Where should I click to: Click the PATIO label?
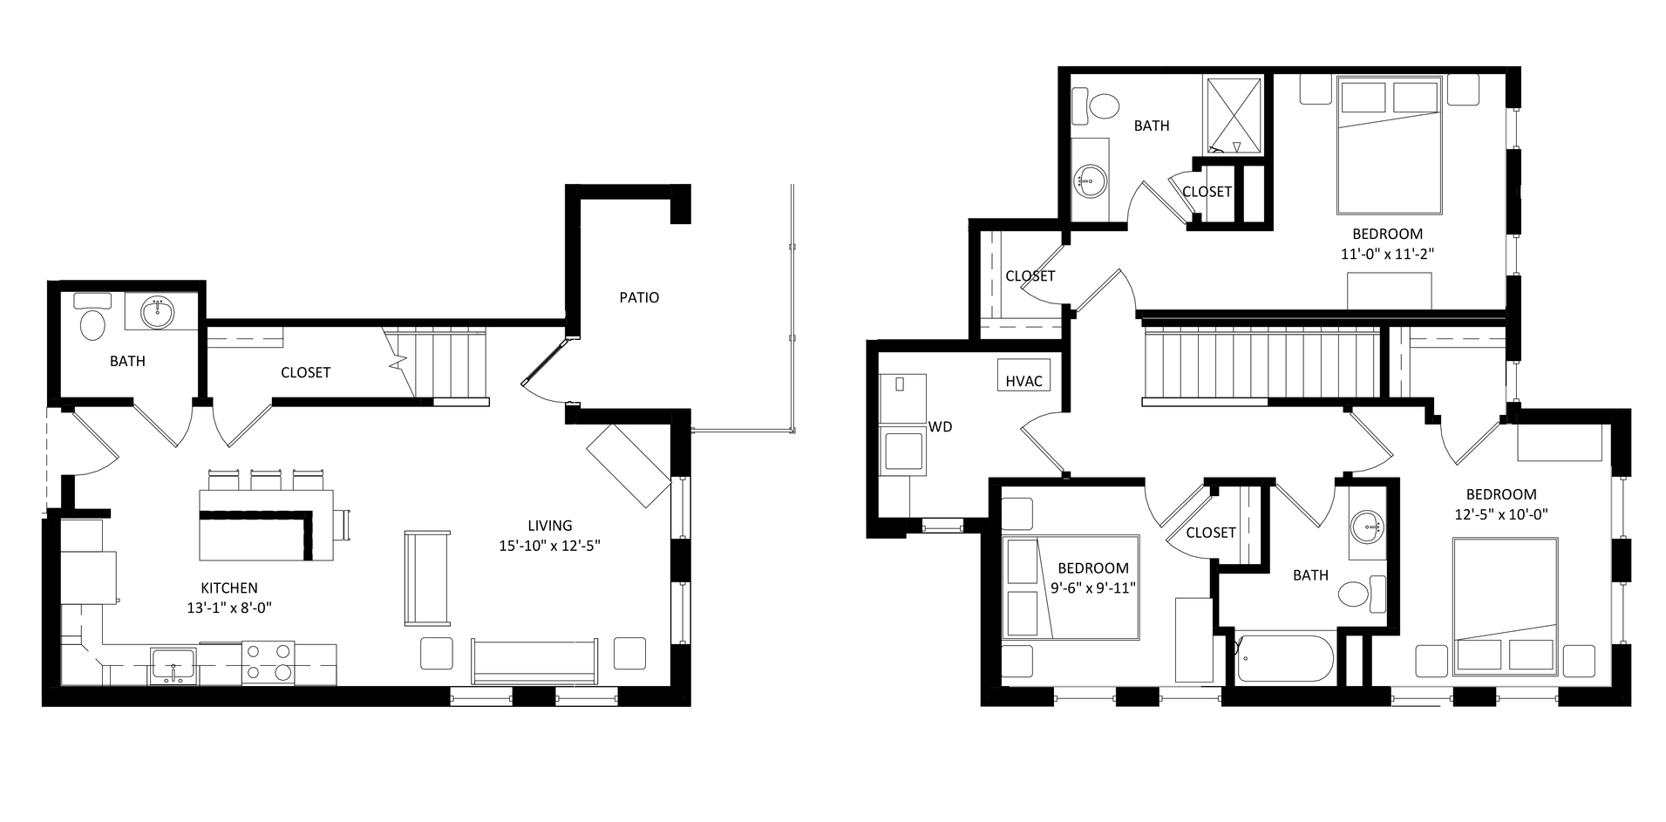pos(639,297)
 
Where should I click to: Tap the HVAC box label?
pos(1023,381)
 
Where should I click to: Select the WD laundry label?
pos(940,426)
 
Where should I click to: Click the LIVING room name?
pos(550,526)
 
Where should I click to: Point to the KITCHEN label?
pos(229,588)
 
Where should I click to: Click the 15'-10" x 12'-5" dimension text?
pos(550,547)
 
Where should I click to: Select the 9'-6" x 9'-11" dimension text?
pos(1093,588)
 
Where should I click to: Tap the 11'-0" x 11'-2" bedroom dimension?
pos(1388,255)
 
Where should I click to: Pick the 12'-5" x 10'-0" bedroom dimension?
pos(1501,514)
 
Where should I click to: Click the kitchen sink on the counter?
pos(173,664)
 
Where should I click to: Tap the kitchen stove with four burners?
pos(268,662)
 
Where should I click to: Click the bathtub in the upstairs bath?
pos(1285,660)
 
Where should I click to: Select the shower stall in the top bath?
pos(1233,115)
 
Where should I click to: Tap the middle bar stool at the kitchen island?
pos(265,479)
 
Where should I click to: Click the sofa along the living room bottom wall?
pos(535,661)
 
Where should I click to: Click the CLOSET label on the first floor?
pos(305,372)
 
